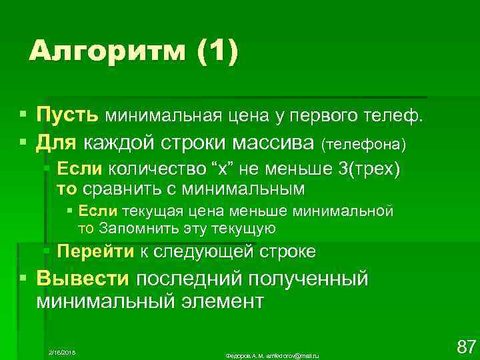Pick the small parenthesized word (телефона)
[363, 143]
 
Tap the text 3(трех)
[369, 169]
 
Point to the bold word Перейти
[96, 251]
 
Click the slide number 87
[465, 346]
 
